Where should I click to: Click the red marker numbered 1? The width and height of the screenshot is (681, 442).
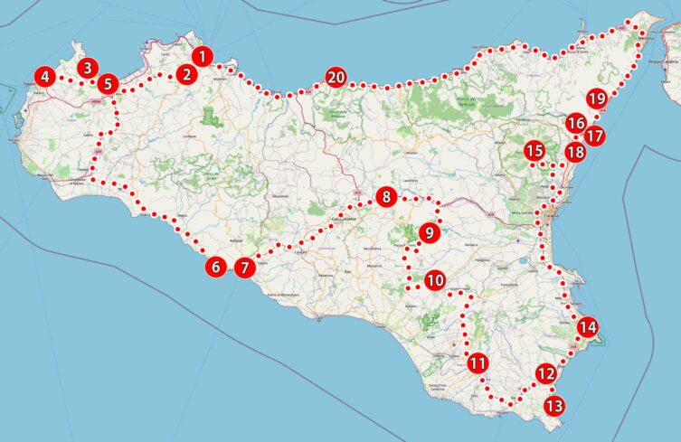click(x=203, y=56)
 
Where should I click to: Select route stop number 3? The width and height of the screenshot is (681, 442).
click(x=87, y=67)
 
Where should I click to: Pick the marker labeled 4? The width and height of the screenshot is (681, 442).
click(x=43, y=78)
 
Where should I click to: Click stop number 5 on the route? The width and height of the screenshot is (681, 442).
click(x=108, y=85)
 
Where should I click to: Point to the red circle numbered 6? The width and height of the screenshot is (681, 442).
click(x=215, y=267)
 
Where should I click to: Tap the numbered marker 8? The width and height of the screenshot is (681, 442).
click(x=386, y=197)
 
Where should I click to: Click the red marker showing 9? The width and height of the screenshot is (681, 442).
click(x=428, y=233)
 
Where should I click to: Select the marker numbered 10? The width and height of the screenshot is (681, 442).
click(x=435, y=280)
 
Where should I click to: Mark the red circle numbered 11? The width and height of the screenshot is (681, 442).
click(x=478, y=364)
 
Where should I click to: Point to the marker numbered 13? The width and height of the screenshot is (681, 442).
click(x=554, y=406)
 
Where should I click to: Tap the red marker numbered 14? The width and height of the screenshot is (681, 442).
click(x=588, y=326)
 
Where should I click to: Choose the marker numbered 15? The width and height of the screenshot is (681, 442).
click(x=534, y=151)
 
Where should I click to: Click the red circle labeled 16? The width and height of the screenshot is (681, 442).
click(x=576, y=123)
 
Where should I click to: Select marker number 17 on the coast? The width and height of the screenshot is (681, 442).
click(x=593, y=136)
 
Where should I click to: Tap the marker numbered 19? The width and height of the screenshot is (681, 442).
click(x=596, y=99)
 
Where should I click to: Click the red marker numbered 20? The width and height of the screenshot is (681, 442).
click(x=336, y=78)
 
